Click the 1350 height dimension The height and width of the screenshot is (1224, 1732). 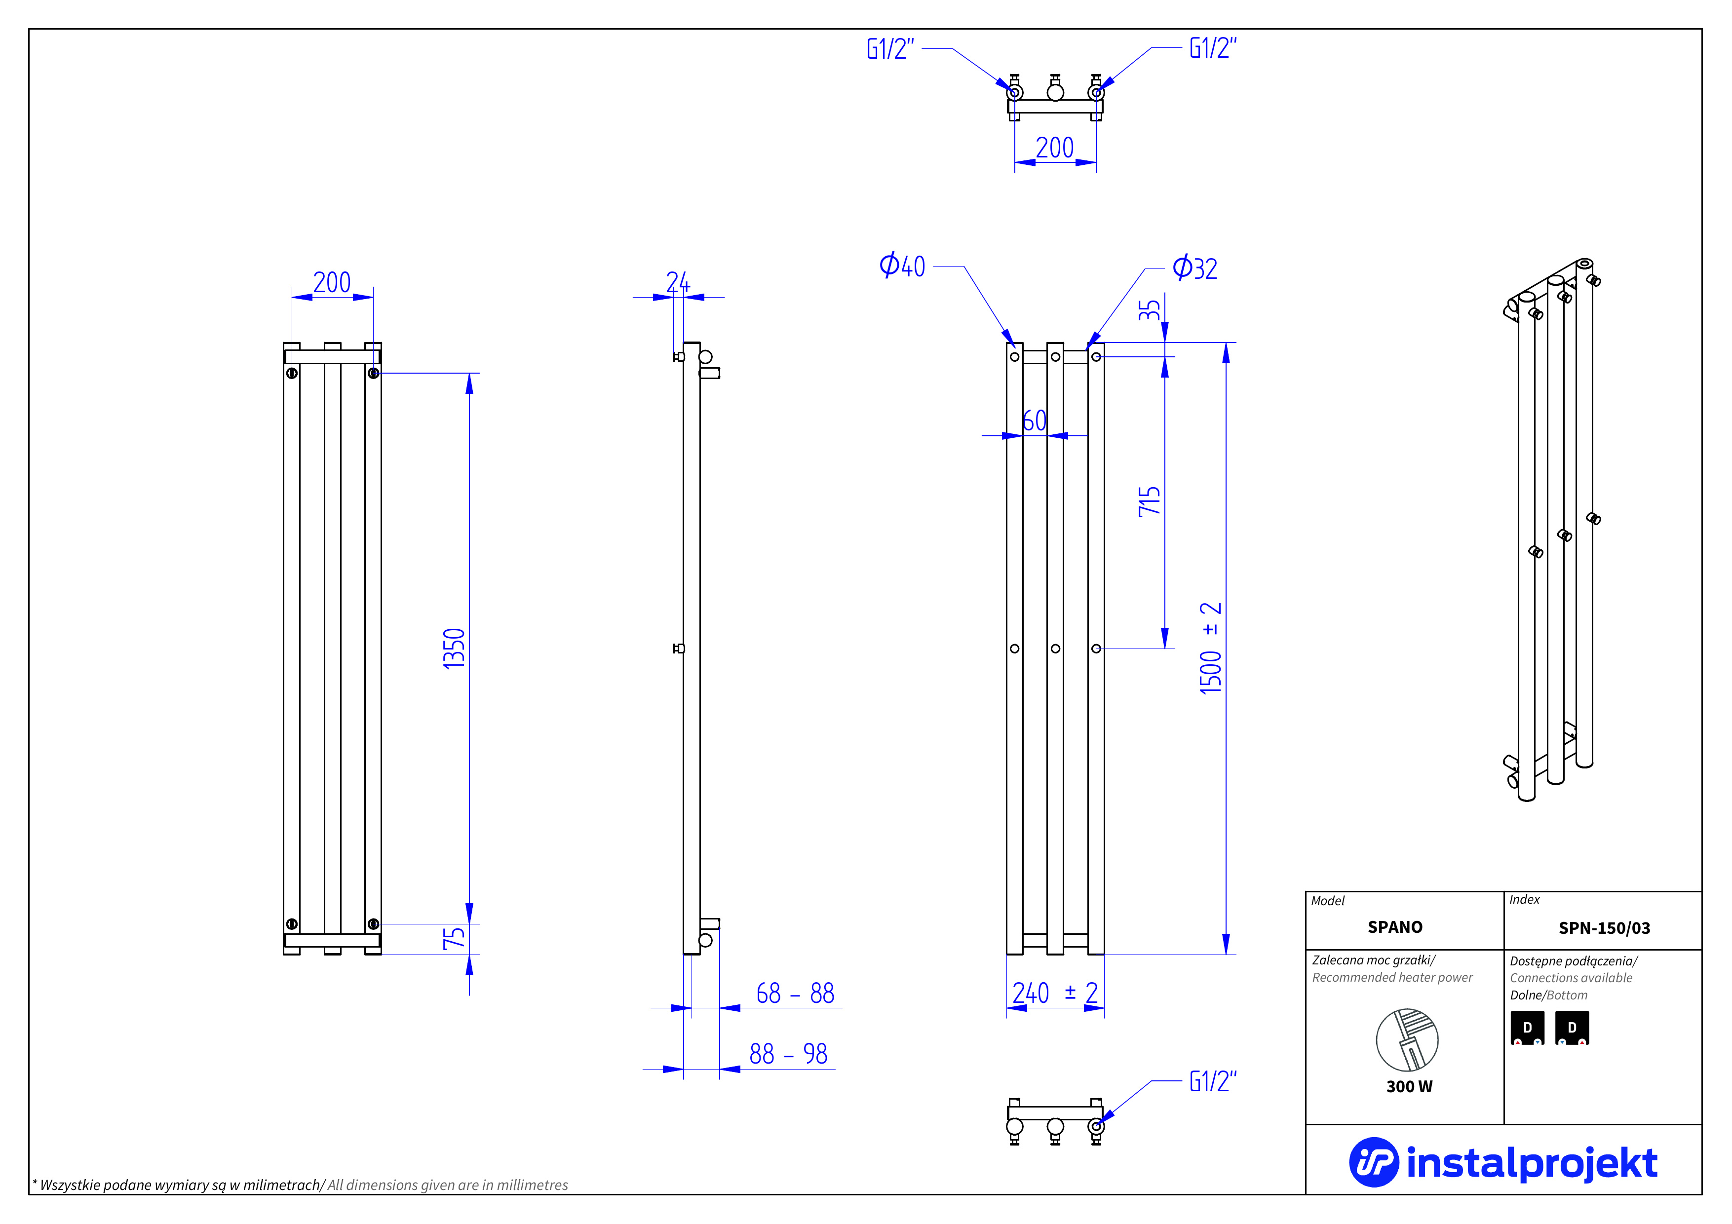pyautogui.click(x=454, y=648)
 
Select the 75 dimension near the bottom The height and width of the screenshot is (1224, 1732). pyautogui.click(x=454, y=938)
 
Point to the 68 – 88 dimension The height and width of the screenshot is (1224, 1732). pyautogui.click(x=795, y=993)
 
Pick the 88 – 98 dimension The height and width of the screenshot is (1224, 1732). pyautogui.click(x=788, y=1054)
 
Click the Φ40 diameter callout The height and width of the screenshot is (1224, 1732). pyautogui.click(x=902, y=266)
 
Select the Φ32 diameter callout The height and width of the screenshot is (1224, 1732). pyautogui.click(x=1195, y=268)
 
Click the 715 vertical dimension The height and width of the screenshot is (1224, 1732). pyautogui.click(x=1149, y=501)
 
